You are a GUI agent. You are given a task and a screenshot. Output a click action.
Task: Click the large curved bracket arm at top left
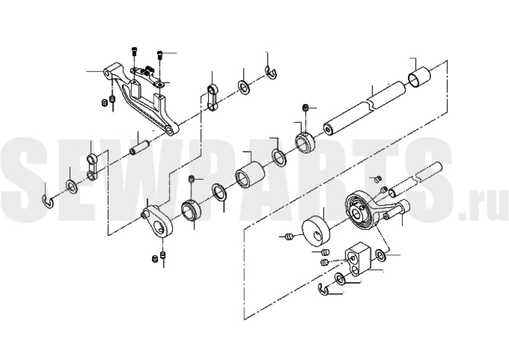(x=140, y=97)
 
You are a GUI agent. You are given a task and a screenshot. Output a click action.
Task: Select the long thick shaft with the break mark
(x=364, y=108)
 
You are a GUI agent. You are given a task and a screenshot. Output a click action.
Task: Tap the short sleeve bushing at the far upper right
(x=419, y=77)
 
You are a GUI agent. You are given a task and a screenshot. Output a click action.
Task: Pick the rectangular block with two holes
(x=357, y=259)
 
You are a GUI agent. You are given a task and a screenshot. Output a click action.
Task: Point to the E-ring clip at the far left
(x=48, y=201)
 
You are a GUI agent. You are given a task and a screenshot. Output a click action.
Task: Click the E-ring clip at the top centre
(x=270, y=73)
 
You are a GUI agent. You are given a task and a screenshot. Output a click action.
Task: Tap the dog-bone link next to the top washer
(x=212, y=97)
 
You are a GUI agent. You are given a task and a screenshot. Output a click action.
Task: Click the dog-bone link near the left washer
(x=92, y=167)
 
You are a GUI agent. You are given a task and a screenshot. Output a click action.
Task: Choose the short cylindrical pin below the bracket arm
(x=140, y=147)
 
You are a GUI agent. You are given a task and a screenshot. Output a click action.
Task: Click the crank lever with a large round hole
(x=159, y=223)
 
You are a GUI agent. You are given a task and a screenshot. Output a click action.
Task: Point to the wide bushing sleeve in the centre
(x=249, y=175)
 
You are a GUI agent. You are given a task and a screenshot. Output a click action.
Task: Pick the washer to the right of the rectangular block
(x=380, y=255)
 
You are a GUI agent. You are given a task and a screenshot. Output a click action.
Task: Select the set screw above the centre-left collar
(x=192, y=178)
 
